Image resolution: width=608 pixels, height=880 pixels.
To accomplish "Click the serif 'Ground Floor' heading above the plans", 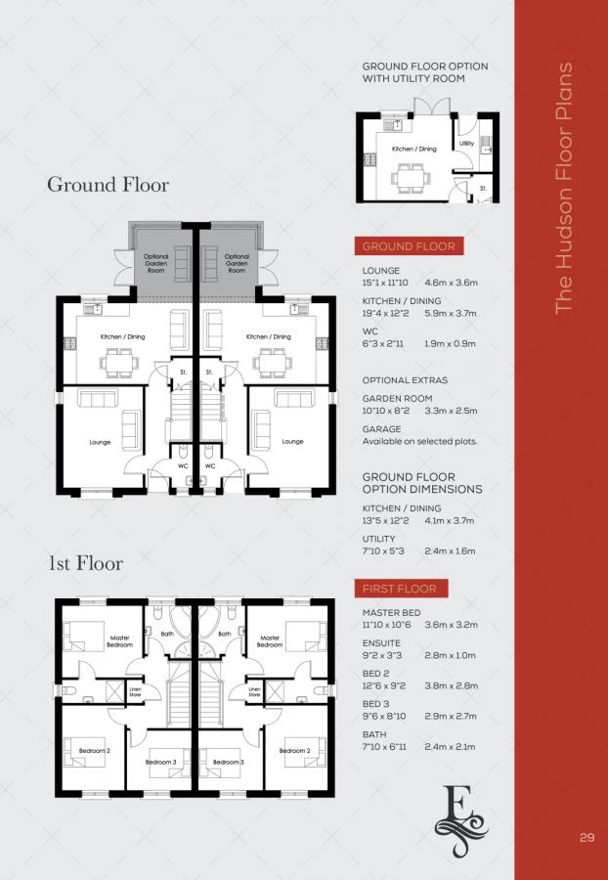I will coord(108,185).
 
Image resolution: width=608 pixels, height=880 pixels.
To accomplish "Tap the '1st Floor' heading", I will coord(86,564).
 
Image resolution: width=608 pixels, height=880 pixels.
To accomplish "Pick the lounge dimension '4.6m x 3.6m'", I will coord(452,283).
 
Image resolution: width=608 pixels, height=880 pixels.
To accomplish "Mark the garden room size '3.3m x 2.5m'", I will coord(452,412).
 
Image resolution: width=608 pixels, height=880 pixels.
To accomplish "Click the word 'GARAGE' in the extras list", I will coord(381,429).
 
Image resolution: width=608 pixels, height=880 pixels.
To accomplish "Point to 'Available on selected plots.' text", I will coord(419,442).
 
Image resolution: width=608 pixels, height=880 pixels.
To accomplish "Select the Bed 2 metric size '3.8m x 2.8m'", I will coord(452,686).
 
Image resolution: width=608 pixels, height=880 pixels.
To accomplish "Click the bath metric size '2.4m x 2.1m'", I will coord(452,747).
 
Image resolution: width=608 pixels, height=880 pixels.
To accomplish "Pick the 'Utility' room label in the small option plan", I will coord(467,144).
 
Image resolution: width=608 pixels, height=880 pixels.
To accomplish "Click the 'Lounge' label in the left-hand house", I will coord(100,442).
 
